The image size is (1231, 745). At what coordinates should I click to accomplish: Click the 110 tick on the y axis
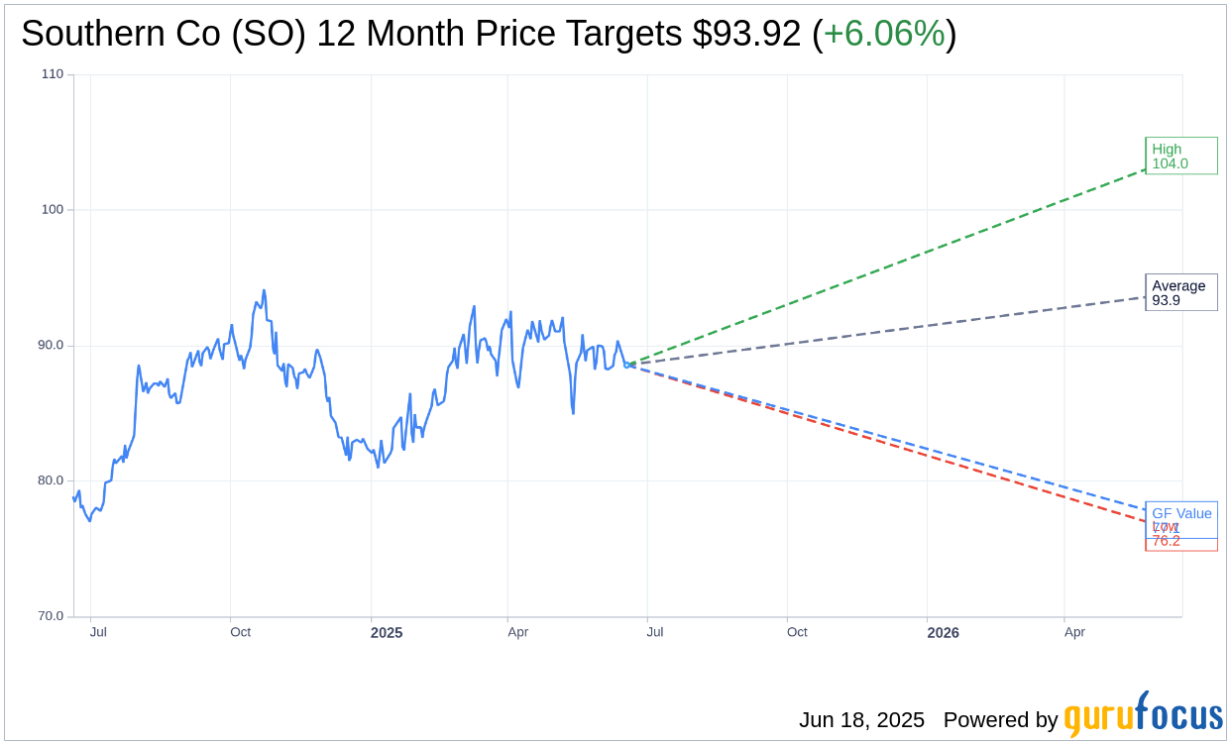click(53, 74)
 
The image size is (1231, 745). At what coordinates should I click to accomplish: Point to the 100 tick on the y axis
click(53, 210)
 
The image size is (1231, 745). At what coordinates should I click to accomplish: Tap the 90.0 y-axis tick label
click(51, 346)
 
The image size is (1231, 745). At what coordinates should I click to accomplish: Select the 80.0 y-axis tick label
click(51, 480)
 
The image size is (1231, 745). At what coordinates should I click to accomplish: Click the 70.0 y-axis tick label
click(51, 616)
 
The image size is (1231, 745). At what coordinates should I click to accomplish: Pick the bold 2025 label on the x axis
click(387, 632)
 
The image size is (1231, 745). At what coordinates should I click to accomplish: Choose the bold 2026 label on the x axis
click(943, 632)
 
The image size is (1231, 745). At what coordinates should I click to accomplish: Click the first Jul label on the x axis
click(98, 632)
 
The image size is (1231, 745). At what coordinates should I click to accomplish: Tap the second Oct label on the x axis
click(797, 632)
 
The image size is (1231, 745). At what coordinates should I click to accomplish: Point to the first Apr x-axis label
click(517, 632)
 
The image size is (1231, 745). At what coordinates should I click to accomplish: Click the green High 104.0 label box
click(1180, 156)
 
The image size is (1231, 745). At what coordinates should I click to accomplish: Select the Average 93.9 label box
click(1180, 292)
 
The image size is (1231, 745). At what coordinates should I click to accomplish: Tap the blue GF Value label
click(1181, 513)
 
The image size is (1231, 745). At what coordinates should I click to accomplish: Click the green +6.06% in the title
click(884, 34)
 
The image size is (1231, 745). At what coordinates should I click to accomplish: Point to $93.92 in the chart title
click(746, 34)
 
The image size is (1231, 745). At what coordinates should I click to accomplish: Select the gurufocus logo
click(1143, 715)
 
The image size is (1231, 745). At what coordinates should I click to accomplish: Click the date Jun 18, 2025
click(861, 720)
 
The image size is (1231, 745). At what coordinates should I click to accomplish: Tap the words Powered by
click(1000, 720)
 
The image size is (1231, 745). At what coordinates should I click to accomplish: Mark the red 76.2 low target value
click(1167, 541)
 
